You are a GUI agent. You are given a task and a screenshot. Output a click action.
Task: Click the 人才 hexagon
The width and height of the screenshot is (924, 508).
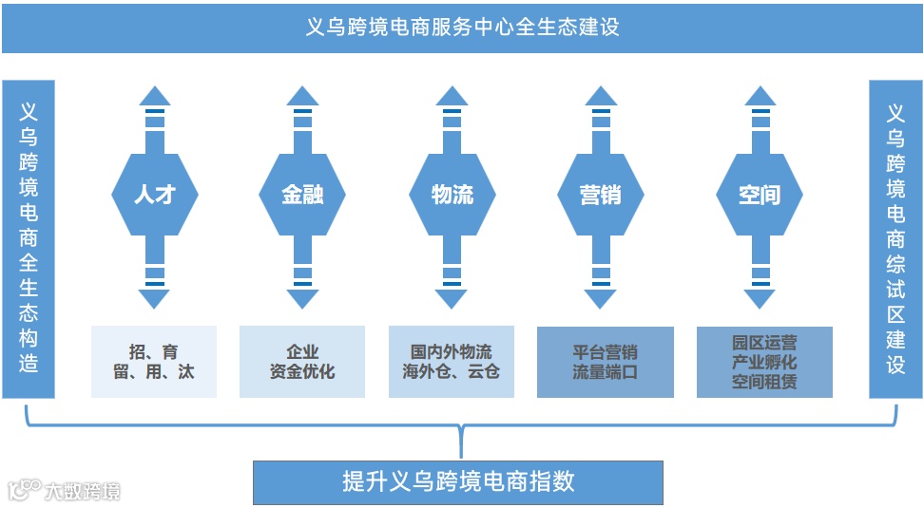154,196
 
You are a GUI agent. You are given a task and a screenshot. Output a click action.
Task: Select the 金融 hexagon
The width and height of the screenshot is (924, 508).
302,196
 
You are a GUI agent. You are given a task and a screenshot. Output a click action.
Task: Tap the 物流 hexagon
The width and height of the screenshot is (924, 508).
452,196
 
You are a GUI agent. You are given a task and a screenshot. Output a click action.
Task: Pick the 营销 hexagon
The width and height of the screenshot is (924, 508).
600,196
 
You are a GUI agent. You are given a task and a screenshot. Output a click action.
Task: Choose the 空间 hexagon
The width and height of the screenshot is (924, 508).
759,196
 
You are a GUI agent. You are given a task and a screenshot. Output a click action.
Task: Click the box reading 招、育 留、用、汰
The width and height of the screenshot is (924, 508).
154,362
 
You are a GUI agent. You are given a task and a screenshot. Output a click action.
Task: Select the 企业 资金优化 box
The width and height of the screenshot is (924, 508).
302,362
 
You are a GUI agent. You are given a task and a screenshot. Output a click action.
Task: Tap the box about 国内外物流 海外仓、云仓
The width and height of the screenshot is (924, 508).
452,362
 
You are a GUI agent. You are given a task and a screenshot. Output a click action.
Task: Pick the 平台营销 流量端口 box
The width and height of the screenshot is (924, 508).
605,362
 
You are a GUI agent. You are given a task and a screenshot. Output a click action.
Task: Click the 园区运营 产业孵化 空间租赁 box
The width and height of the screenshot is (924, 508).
764,362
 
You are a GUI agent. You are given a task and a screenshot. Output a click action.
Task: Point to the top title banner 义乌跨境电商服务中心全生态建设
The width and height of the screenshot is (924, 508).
462,27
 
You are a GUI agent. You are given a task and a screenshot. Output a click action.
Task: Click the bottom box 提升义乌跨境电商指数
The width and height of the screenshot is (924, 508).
458,481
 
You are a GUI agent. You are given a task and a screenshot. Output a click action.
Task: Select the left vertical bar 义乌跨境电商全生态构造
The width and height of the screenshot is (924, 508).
29,237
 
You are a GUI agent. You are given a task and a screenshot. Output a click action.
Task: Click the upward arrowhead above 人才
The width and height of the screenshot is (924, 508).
154,95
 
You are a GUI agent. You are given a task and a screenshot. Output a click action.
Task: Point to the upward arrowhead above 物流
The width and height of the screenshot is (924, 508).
452,95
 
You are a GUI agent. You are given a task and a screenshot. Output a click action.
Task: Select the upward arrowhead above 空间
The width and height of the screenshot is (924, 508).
759,95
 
